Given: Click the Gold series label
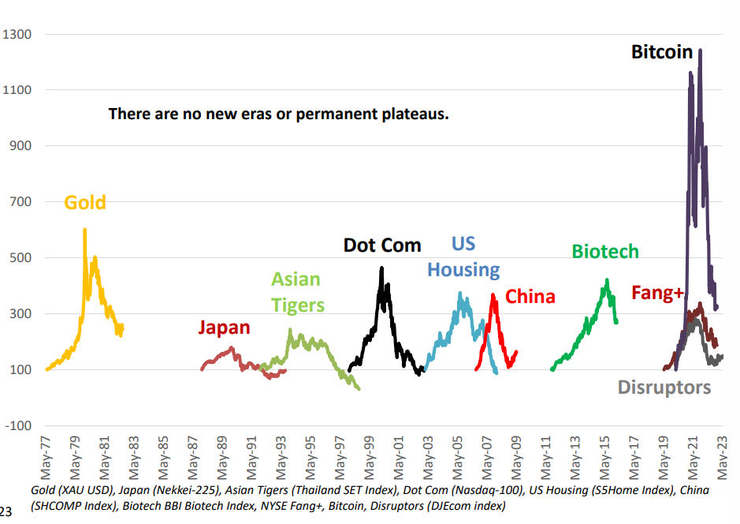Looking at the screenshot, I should (85, 203).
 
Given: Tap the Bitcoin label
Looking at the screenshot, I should (662, 52).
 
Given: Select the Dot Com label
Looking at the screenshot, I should (382, 245).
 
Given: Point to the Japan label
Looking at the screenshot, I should (224, 327).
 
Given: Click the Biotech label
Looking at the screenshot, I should (605, 252).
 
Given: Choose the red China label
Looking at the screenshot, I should (530, 297).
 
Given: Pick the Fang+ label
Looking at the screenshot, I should (657, 294).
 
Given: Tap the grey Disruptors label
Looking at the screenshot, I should (664, 387).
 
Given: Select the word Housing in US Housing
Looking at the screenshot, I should (463, 270).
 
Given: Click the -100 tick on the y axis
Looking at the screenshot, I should (17, 426).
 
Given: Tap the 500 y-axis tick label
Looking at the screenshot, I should (19, 258).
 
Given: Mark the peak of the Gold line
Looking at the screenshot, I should (84, 230).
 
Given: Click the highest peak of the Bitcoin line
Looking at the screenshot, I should (700, 50).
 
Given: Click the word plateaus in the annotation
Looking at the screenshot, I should (414, 114).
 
